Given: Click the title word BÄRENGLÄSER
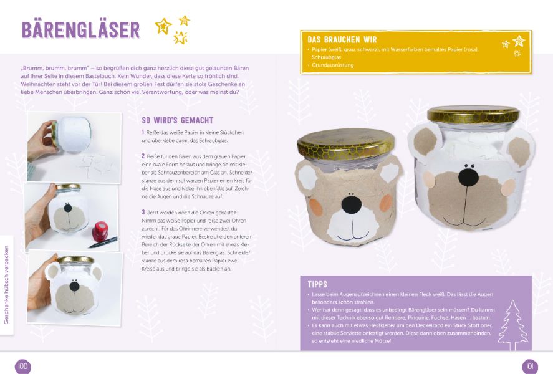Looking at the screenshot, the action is click(81, 30).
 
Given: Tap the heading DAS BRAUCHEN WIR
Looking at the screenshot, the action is click(342, 39).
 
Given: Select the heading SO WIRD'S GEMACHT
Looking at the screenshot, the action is click(178, 120).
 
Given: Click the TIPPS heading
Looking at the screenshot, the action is click(317, 284).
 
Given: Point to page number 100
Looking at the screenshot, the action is click(22, 367).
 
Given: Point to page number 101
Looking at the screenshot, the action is click(529, 367).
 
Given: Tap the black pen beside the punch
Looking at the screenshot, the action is click(103, 242).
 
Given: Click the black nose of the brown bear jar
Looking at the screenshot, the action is click(352, 204).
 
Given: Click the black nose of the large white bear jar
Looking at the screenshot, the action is click(468, 177).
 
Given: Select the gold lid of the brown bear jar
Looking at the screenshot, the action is click(345, 144).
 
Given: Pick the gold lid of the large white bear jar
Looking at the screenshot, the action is click(473, 114).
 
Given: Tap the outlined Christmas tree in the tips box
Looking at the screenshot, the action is click(513, 324).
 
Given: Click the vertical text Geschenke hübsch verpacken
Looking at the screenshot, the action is click(6, 285).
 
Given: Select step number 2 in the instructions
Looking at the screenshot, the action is click(143, 156).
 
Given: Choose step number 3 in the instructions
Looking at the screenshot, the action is click(143, 212).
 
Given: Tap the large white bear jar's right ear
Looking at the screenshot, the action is click(517, 150).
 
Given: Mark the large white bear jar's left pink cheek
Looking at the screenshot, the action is click(429, 179).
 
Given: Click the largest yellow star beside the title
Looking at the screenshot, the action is click(163, 26).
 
